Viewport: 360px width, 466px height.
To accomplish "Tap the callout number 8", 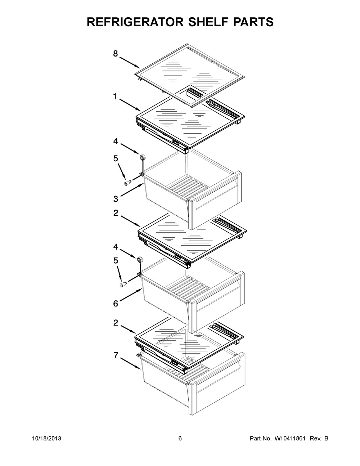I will [115, 54].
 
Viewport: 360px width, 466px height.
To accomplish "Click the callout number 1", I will [115, 97].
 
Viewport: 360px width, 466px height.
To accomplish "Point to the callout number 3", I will [116, 198].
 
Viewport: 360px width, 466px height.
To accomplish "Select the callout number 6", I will [116, 304].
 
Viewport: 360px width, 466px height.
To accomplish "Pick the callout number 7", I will [116, 355].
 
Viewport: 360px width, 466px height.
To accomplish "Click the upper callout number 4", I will [116, 142].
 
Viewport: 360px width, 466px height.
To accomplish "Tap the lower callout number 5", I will [116, 260].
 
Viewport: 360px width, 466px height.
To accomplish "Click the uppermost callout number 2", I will [116, 213].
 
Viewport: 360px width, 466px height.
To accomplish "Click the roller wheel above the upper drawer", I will [143, 157].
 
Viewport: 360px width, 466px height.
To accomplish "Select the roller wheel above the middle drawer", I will [139, 259].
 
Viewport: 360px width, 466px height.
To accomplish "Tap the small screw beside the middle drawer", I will [123, 285].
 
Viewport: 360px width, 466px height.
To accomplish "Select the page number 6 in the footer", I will [180, 439].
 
